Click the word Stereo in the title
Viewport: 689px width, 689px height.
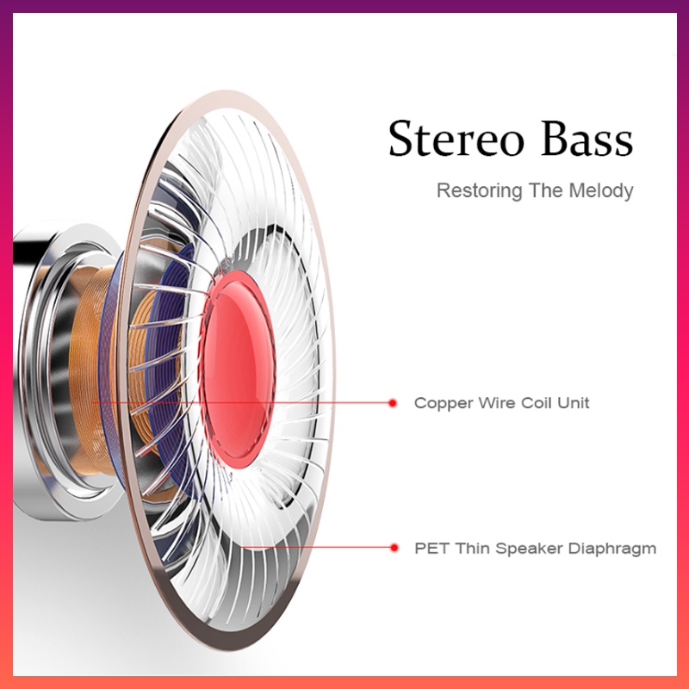click(456, 139)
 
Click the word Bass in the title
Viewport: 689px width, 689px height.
click(587, 139)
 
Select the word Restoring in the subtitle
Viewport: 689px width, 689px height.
click(480, 190)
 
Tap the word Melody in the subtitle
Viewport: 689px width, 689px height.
click(601, 190)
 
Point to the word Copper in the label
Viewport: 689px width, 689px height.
click(444, 403)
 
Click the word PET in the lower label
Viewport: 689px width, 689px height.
click(432, 549)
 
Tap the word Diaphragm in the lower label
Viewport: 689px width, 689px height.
click(612, 549)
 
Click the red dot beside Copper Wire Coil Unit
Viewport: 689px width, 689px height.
click(393, 403)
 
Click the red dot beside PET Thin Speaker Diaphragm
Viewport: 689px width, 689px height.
click(394, 548)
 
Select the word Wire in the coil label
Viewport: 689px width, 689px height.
click(497, 402)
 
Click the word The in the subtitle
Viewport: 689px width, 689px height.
click(546, 190)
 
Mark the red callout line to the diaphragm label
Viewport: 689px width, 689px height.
click(317, 548)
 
